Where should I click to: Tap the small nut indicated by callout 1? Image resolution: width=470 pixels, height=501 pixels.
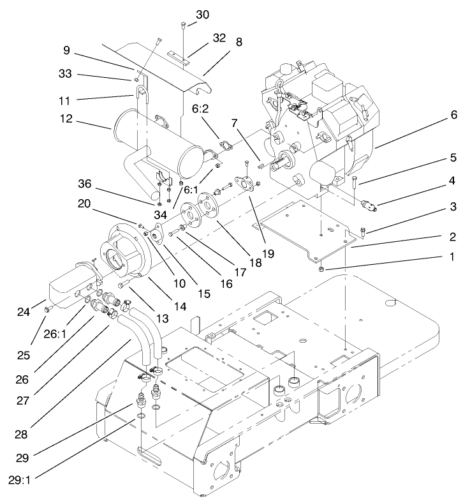click(321, 269)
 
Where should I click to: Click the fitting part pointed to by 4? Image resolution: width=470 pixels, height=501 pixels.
click(368, 206)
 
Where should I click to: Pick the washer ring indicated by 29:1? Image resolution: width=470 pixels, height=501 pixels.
click(140, 417)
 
